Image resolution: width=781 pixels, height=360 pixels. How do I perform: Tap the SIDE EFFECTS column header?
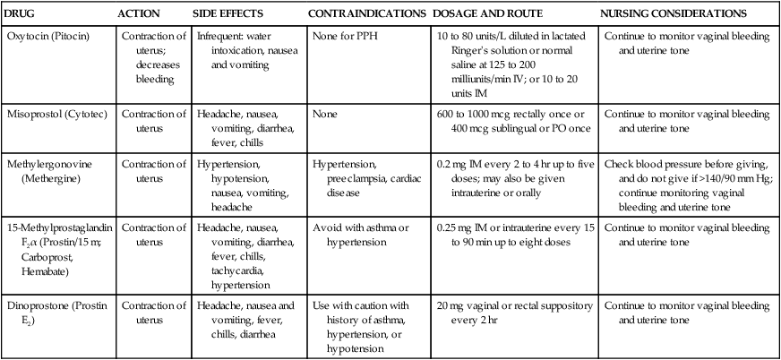pyautogui.click(x=225, y=14)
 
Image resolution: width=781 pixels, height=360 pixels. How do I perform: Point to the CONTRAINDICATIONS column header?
pyautogui.click(x=366, y=14)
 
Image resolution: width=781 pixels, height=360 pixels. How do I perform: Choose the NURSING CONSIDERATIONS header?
pyautogui.click(x=674, y=14)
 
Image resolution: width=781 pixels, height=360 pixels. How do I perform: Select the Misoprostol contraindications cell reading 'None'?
pyautogui.click(x=325, y=115)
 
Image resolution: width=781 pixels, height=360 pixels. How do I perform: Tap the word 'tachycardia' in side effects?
pyautogui.click(x=225, y=271)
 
